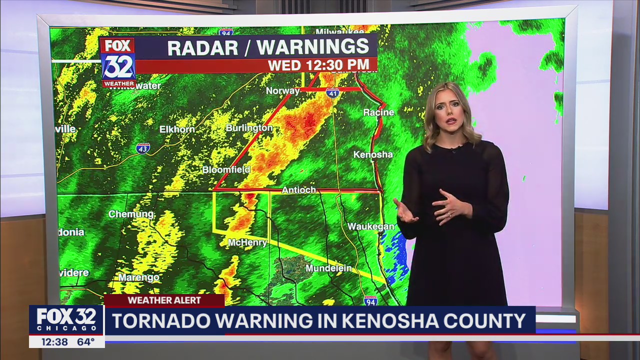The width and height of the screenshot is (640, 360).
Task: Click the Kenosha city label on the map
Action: click(373, 154)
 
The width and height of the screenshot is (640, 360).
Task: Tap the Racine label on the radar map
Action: click(378, 112)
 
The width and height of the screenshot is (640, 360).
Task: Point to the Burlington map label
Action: click(249, 128)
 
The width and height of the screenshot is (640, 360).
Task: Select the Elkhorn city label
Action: click(177, 129)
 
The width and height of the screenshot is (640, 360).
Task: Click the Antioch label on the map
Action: click(299, 190)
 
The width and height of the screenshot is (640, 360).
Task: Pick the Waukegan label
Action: click(371, 226)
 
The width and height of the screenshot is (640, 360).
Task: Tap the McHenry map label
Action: click(247, 242)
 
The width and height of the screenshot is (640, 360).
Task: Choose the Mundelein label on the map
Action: click(328, 268)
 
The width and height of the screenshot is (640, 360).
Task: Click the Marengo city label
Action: click(139, 277)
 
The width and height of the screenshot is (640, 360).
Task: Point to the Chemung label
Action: click(131, 214)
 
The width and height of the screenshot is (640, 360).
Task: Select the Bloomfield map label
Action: click(226, 170)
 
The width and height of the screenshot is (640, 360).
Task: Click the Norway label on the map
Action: click(282, 91)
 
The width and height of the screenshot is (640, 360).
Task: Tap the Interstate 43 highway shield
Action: click(143, 148)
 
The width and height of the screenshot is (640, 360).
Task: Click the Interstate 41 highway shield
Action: click(332, 92)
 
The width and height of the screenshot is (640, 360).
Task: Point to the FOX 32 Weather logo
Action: click(118, 62)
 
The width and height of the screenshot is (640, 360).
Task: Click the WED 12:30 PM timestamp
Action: click(318, 65)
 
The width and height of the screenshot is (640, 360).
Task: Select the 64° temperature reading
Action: click(86, 342)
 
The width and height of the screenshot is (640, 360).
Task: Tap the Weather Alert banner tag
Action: click(164, 300)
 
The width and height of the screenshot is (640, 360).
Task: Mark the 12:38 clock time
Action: click(54, 342)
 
